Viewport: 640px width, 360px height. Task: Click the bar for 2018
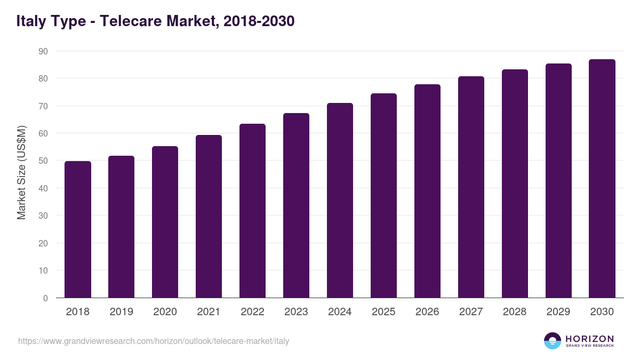[x=78, y=229]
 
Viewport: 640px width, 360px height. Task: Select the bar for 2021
[x=209, y=217]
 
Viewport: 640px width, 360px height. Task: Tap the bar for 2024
[x=340, y=201]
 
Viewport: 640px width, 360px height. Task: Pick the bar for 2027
[x=471, y=187]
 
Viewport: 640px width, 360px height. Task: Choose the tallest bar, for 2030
[x=602, y=179]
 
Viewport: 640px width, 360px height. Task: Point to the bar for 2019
[x=121, y=227]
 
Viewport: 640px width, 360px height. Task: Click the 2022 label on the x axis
[x=252, y=312]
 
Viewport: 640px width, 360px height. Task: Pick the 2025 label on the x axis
[x=383, y=312]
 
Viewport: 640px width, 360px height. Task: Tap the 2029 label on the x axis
[x=558, y=312]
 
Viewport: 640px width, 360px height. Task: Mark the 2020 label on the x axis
[x=165, y=312]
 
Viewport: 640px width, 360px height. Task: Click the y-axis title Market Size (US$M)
[x=21, y=172]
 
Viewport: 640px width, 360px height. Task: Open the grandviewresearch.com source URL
[x=154, y=341]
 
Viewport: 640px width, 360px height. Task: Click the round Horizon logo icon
[x=553, y=341]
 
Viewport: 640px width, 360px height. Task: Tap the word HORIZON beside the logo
[x=589, y=339]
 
